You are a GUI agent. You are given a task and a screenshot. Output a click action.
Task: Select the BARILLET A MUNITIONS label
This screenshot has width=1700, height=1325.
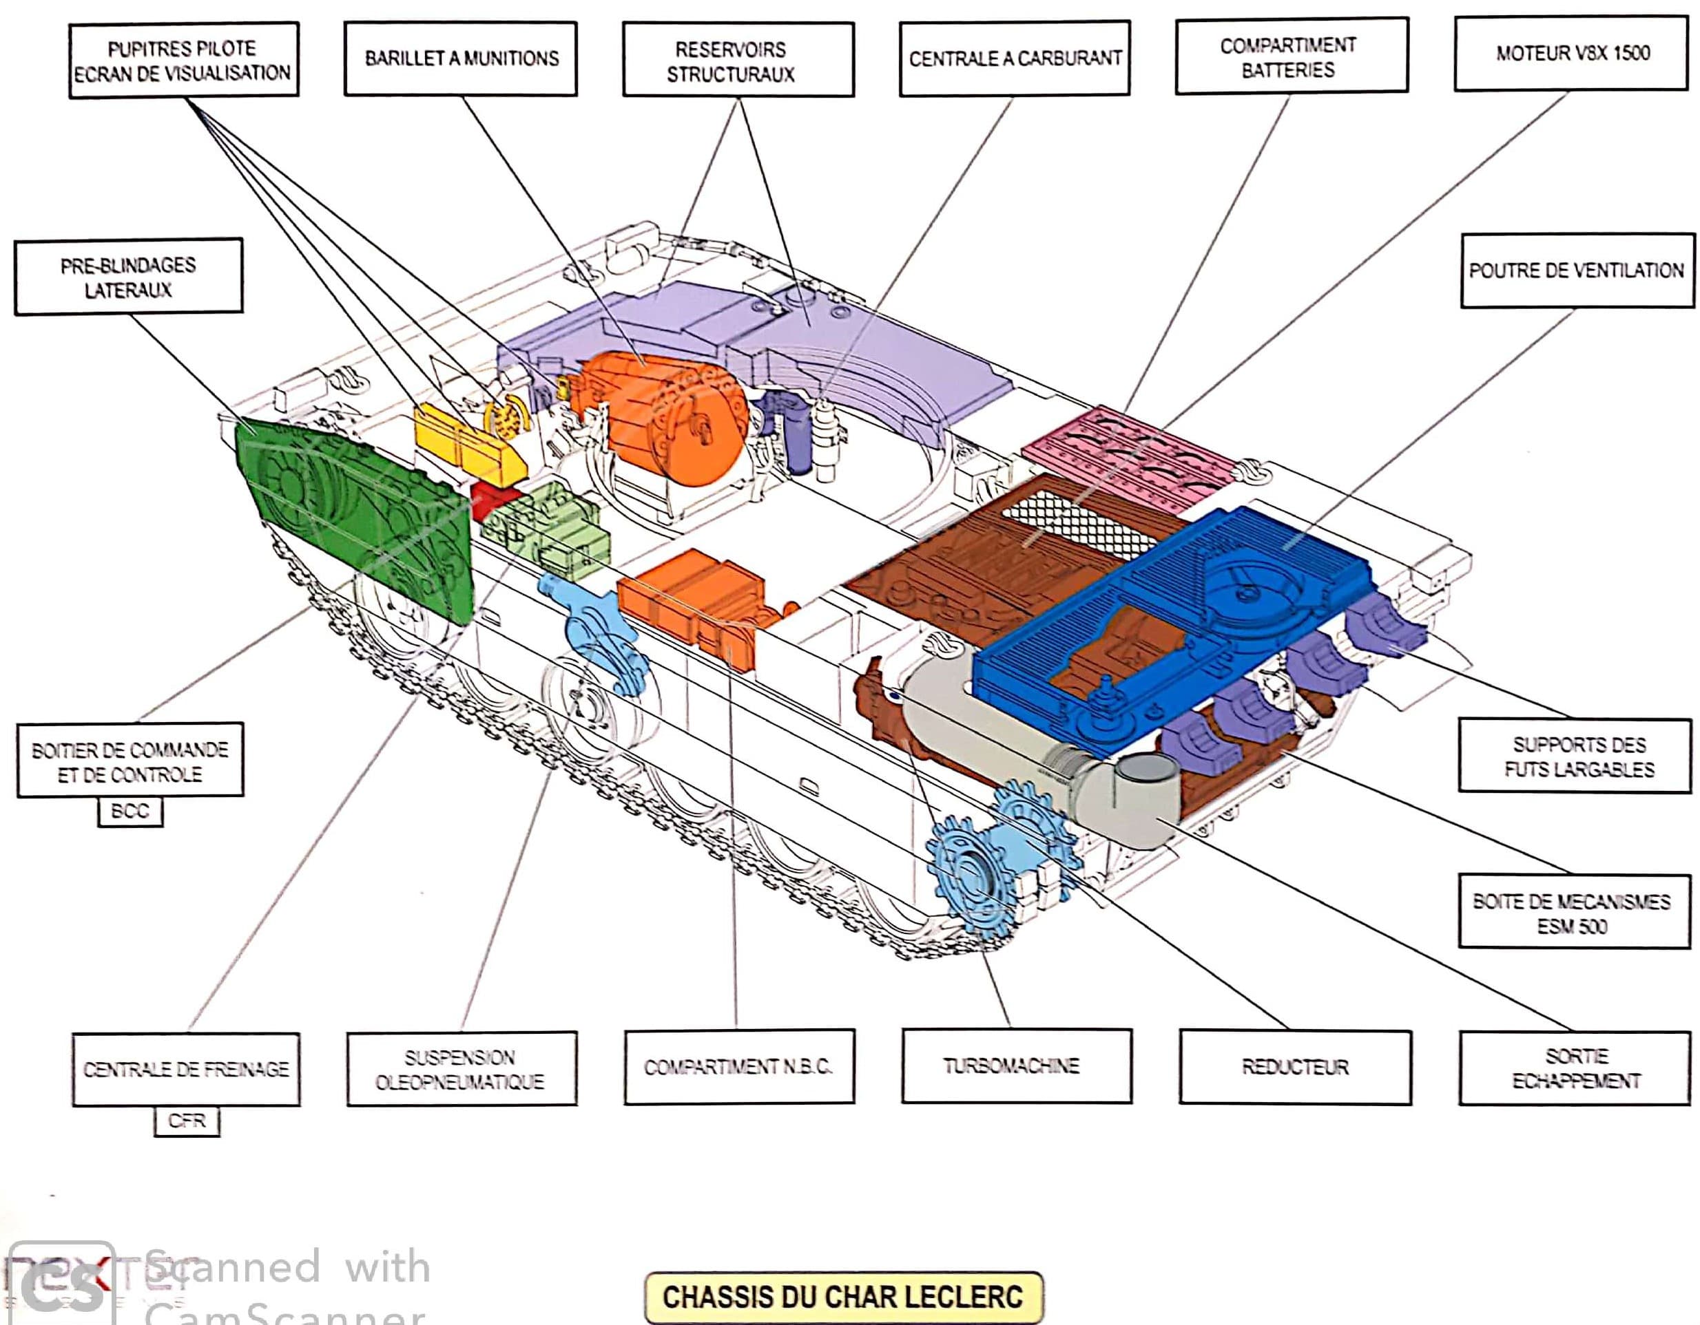461,59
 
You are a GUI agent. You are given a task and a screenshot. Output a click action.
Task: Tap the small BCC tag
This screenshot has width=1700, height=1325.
130,812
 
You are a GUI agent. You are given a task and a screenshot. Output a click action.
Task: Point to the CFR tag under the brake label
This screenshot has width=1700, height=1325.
186,1121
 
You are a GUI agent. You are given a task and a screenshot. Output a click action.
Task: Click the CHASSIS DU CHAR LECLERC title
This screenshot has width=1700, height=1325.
843,1297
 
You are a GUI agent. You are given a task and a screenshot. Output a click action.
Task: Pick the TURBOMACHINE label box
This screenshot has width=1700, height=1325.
1016,1066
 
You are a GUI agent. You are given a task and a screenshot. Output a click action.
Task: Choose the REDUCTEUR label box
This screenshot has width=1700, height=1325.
1294,1068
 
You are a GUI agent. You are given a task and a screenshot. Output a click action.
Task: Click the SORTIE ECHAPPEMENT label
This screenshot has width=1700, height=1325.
1575,1068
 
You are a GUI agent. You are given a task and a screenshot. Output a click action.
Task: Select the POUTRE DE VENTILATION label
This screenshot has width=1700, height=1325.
1576,271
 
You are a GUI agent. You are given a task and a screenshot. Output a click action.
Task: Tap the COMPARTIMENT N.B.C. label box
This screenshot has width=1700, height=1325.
738,1067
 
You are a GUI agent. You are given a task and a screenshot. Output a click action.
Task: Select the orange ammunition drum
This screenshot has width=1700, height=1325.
677,420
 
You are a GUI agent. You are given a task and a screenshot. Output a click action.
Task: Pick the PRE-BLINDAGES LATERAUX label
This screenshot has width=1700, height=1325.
128,277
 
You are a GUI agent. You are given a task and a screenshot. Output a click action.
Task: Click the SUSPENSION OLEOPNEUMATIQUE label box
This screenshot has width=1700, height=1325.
461,1069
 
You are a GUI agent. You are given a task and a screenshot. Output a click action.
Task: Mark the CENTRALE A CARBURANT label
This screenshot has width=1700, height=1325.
1014,59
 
